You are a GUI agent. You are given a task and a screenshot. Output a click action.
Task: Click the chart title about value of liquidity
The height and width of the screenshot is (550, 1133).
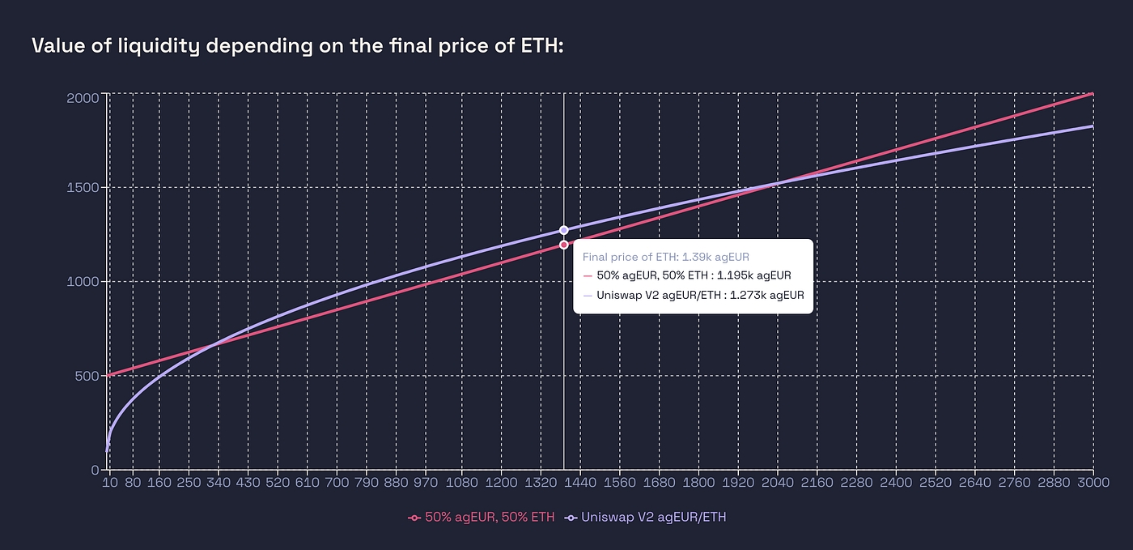[297, 46]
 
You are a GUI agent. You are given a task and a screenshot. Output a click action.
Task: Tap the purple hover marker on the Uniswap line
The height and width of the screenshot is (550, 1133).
[563, 230]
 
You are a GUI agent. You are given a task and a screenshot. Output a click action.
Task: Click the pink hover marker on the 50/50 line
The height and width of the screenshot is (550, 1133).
[563, 245]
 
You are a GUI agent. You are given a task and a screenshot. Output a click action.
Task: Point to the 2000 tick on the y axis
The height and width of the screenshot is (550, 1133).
[83, 97]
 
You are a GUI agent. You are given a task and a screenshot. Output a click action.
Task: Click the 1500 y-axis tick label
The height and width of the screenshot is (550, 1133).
[83, 188]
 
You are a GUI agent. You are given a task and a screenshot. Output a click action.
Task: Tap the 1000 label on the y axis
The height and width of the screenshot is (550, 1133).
[83, 282]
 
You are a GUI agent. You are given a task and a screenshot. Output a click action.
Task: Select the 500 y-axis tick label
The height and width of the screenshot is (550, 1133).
[86, 376]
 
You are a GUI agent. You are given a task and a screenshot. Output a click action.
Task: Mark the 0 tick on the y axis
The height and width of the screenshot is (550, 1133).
[95, 470]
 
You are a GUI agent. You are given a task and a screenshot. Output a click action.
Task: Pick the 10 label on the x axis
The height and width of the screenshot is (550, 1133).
[109, 484]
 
